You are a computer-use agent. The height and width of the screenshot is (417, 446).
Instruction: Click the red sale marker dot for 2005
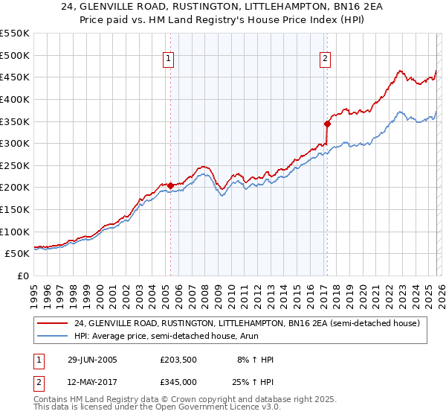pos(170,185)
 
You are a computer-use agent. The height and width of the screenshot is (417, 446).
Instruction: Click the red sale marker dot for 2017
pos(326,123)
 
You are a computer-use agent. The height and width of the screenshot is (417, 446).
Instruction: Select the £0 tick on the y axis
pos(22,276)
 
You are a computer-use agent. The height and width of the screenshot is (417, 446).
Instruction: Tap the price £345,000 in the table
pos(178,382)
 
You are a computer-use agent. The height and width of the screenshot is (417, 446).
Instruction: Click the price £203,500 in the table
pos(178,360)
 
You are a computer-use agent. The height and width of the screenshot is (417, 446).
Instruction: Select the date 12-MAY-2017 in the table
pos(91,382)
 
